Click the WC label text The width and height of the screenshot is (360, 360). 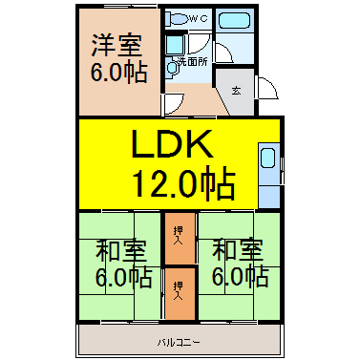(x=198, y=18)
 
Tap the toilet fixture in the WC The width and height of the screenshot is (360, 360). (x=176, y=18)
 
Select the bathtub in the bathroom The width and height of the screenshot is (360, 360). (x=235, y=21)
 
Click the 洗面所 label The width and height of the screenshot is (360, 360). (x=193, y=62)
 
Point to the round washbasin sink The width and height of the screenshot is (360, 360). (x=172, y=68)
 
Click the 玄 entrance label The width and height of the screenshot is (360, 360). (x=236, y=91)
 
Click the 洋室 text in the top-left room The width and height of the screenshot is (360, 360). (x=117, y=45)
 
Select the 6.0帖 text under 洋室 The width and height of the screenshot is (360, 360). (x=119, y=72)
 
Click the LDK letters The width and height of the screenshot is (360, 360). (x=173, y=144)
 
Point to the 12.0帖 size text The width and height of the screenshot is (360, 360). (x=184, y=182)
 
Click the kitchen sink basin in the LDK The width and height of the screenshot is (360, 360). (x=267, y=158)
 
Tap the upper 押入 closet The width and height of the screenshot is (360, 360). (x=180, y=239)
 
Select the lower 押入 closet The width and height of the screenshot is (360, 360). (x=180, y=294)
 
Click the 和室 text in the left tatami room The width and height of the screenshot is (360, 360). (x=121, y=250)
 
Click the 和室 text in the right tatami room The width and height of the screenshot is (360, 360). (x=238, y=250)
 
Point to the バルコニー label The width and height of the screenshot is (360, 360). (x=180, y=343)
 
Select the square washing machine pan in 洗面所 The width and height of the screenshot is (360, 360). (x=175, y=45)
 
